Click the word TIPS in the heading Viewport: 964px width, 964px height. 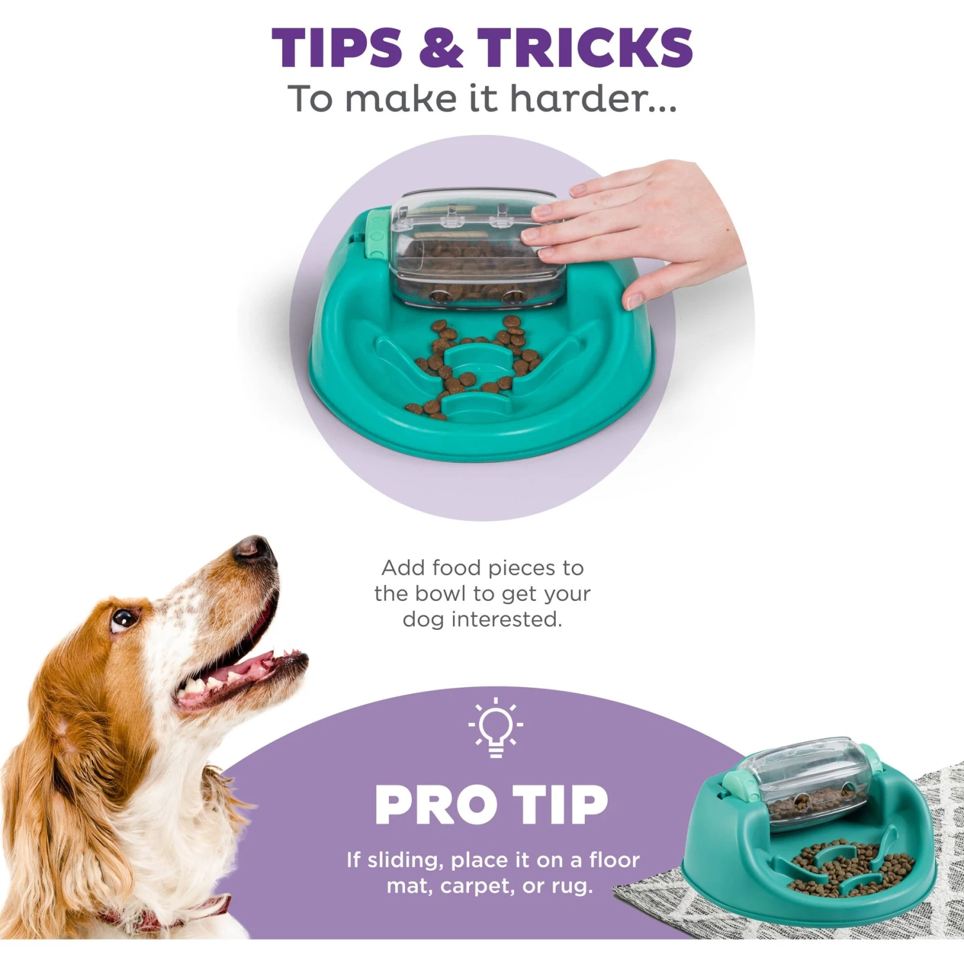(337, 48)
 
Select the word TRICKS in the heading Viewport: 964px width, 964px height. (585, 48)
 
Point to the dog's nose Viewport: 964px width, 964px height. (253, 549)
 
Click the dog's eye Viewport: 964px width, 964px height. (123, 619)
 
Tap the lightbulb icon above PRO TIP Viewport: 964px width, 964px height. (495, 728)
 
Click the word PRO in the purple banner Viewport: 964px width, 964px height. (436, 805)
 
